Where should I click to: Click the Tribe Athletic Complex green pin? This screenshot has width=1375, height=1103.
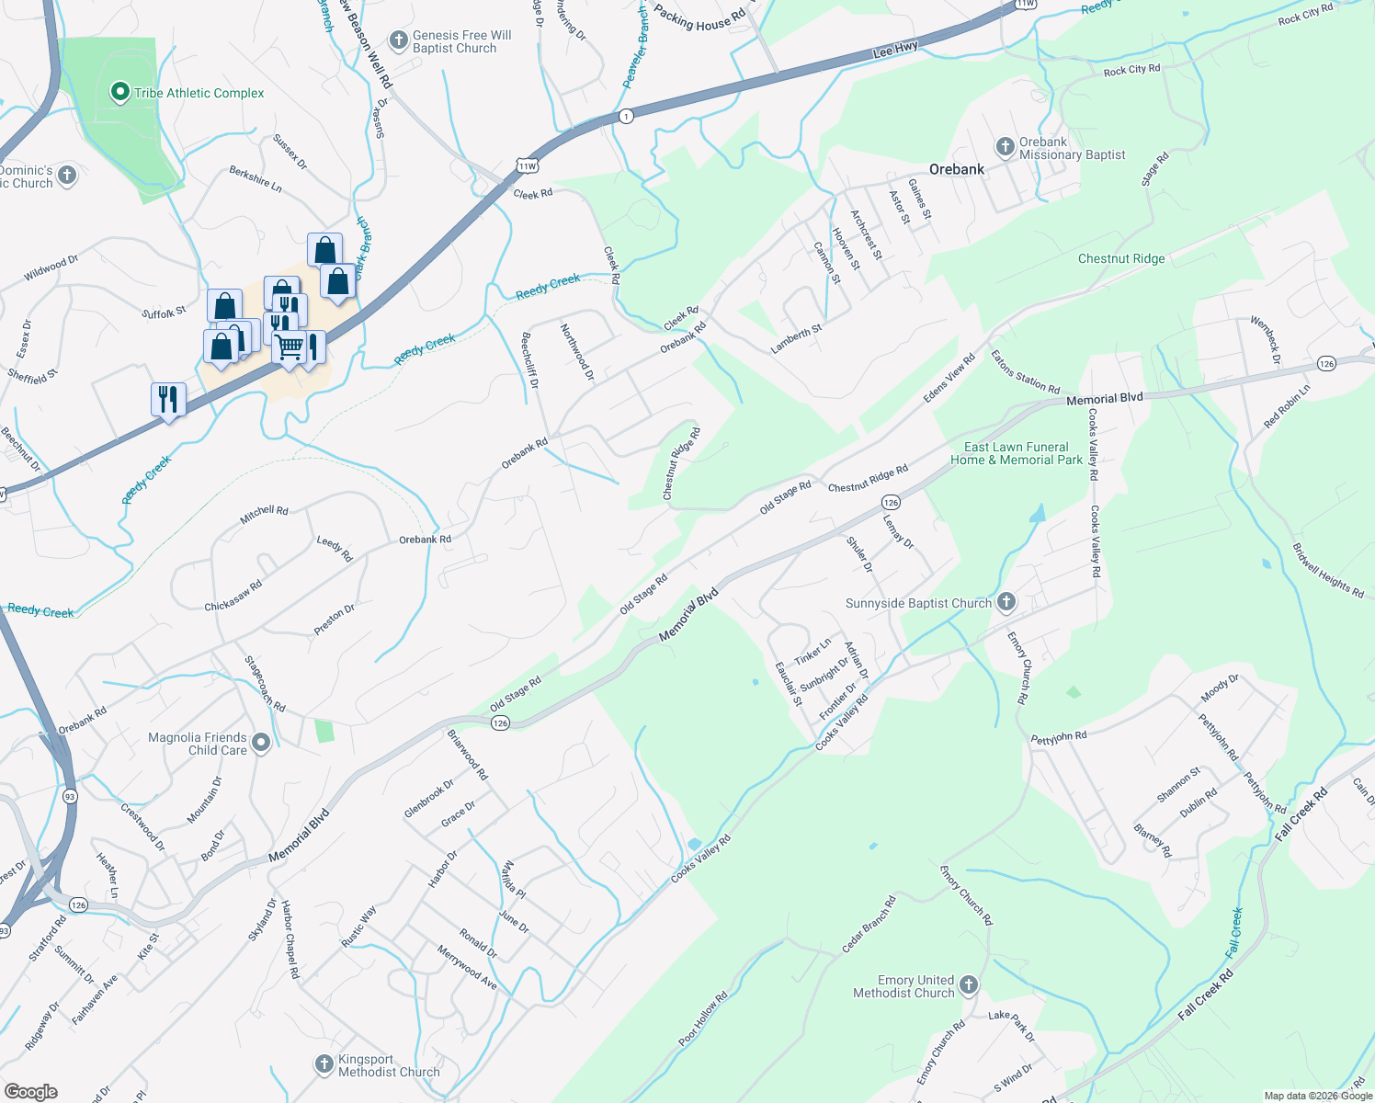pos(119,92)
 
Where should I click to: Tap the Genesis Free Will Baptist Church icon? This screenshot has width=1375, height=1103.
pos(399,40)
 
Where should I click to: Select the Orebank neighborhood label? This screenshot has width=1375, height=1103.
pos(957,169)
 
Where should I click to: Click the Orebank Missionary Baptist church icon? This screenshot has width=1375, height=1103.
pos(1005,147)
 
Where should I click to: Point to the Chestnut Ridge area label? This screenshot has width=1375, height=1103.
pos(1121,258)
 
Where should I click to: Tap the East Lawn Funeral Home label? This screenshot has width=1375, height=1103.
pos(1017,453)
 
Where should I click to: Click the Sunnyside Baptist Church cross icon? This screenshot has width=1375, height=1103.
pos(1006,602)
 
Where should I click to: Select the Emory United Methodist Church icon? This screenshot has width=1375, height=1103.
pos(969,986)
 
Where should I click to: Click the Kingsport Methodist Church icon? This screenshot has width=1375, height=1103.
pos(324,1064)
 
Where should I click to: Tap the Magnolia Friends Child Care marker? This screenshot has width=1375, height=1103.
pos(261,743)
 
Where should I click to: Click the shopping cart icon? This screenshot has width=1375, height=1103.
pos(289,347)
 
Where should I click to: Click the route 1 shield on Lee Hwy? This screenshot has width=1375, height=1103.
pos(626,117)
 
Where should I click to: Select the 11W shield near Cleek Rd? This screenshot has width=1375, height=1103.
pos(527,165)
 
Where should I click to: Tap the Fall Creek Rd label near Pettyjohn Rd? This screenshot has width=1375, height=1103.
pos(1301,813)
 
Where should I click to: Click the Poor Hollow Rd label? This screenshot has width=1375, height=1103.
pos(703,1018)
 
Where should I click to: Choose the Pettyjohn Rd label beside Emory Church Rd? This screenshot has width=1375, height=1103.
pos(1059,737)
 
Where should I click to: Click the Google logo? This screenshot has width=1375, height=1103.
pos(30,1091)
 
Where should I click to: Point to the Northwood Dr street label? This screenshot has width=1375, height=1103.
pos(577,352)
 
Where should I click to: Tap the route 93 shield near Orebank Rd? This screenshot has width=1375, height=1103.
pos(70,796)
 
